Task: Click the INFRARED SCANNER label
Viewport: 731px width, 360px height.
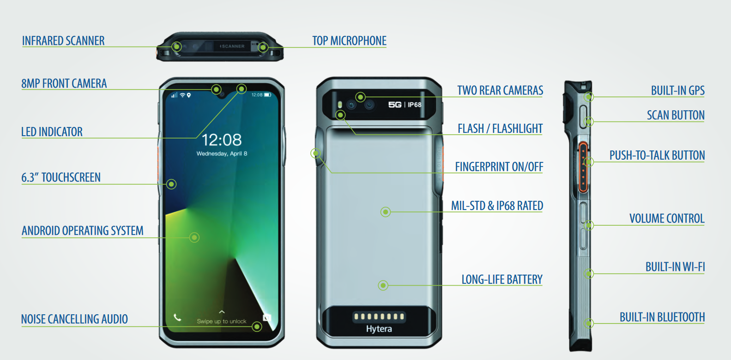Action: pos(63,41)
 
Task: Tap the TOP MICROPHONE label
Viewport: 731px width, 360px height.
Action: pos(349,41)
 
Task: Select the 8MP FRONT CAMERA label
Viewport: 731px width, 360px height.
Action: pos(64,84)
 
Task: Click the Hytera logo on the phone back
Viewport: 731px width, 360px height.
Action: pos(379,329)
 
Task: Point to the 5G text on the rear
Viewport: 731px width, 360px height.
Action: pos(394,105)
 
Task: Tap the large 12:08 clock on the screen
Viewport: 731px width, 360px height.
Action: pos(222,140)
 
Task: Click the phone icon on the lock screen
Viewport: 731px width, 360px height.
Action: pos(177,317)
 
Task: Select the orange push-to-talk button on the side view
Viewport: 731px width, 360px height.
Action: pos(583,167)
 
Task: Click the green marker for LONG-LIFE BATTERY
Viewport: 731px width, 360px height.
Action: pos(383,285)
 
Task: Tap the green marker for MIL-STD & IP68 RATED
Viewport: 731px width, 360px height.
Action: pos(386,212)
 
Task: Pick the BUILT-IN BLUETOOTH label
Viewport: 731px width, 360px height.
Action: pos(662,317)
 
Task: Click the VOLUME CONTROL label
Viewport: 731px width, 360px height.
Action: pos(667,218)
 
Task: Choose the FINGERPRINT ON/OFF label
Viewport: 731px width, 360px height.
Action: pos(499,167)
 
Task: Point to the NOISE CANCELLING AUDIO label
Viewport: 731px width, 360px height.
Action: pos(74,319)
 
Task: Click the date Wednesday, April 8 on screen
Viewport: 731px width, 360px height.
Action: pos(222,154)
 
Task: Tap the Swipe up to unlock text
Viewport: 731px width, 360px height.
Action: pos(222,321)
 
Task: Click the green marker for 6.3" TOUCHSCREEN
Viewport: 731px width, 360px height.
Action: pos(171,184)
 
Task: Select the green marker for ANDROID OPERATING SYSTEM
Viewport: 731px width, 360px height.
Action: pos(194,237)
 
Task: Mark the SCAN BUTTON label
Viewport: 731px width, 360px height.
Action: pos(676,115)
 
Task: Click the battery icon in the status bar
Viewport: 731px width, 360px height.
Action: pos(267,95)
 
